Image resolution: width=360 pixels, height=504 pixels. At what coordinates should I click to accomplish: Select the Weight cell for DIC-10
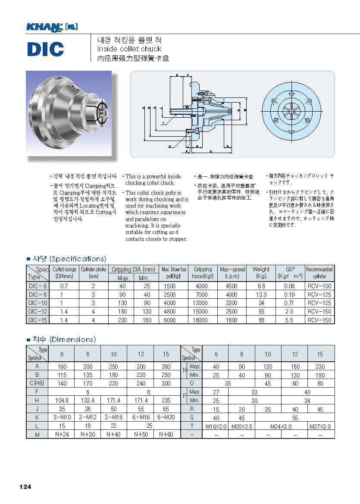(x=261, y=303)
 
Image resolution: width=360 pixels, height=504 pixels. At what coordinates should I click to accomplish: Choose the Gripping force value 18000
(x=203, y=320)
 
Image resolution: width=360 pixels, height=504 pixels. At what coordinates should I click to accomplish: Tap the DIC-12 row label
(x=38, y=311)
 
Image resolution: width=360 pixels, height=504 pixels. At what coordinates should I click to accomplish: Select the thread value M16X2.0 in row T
(x=215, y=426)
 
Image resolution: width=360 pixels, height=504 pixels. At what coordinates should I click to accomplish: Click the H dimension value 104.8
(x=62, y=401)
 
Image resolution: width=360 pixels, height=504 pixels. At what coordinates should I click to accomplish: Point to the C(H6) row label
(x=37, y=383)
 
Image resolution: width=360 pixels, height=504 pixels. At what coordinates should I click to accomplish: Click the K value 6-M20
(x=166, y=418)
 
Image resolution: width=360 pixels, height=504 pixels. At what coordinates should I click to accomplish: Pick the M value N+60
(x=166, y=435)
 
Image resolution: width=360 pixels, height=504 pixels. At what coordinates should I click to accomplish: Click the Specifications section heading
(x=66, y=259)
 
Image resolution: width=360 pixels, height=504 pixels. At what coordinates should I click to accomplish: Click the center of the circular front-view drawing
(x=291, y=113)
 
